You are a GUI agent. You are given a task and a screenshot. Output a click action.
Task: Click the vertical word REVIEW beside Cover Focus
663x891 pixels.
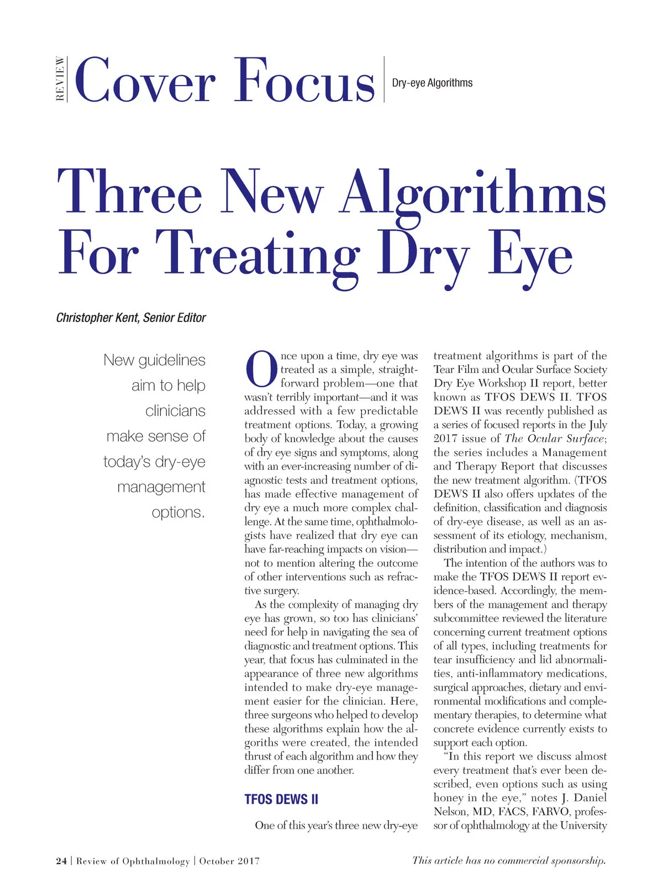[x=60, y=79]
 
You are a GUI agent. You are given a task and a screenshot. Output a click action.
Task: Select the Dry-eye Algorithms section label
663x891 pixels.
[x=432, y=83]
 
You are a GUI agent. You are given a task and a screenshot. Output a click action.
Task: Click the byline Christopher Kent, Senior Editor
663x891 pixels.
[x=131, y=318]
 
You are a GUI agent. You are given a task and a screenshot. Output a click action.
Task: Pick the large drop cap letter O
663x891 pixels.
[x=261, y=368]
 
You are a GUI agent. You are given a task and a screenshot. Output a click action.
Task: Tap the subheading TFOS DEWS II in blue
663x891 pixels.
[x=281, y=799]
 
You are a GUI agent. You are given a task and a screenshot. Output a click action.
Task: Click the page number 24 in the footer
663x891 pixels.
[x=61, y=861]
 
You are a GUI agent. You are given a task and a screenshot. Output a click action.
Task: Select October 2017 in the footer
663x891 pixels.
[x=229, y=861]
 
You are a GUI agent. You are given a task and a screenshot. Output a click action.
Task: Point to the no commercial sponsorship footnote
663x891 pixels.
[x=509, y=860]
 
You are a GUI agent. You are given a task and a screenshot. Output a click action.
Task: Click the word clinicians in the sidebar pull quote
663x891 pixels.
[x=175, y=411]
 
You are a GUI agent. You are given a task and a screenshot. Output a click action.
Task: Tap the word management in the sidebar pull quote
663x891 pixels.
[x=161, y=487]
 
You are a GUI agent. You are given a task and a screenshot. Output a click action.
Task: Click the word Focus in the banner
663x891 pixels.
[x=305, y=81]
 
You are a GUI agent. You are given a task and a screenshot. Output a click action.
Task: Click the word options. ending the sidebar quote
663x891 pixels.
[x=178, y=513]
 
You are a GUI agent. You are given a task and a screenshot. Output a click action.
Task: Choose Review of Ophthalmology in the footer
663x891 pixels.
[x=133, y=861]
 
